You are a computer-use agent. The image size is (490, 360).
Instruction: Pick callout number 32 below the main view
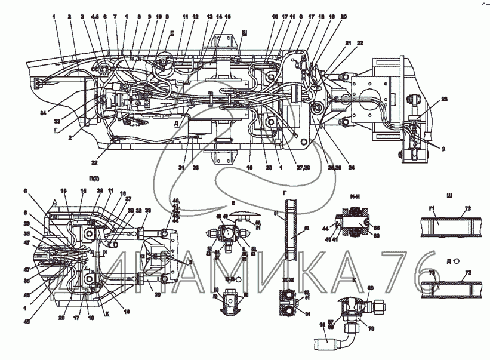tap(94, 162)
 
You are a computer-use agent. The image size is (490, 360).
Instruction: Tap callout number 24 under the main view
tap(352, 168)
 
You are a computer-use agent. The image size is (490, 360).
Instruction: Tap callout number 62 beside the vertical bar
tap(307, 227)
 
